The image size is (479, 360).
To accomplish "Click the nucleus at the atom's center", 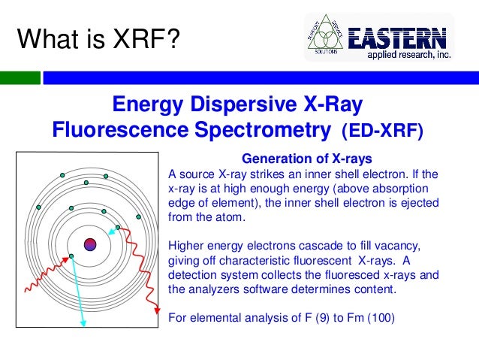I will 90,244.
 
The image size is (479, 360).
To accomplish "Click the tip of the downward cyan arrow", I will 84,325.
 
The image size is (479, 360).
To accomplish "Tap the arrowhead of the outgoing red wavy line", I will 156,309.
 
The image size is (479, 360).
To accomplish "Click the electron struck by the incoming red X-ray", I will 71,257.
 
